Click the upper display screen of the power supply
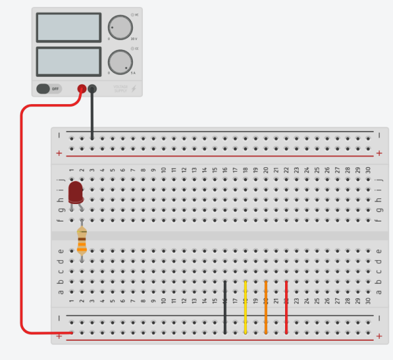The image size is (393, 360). pos(69,27)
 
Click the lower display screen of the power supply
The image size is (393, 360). pos(69,62)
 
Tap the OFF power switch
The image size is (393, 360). pos(49,89)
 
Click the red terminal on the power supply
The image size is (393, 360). pos(82,89)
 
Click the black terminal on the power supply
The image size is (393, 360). pos(92,89)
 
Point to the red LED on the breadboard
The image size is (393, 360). pos(75,192)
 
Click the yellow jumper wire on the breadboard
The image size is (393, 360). pos(245,307)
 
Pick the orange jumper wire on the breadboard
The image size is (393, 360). pos(266,307)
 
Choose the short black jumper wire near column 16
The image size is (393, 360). pos(225,307)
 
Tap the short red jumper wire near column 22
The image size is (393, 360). pos(286,307)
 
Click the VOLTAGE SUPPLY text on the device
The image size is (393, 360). pos(120,89)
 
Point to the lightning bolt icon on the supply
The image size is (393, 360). pos(133,89)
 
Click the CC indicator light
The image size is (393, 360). pos(132,47)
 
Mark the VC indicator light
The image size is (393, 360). pos(132,14)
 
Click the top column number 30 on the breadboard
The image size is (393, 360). pos(367,170)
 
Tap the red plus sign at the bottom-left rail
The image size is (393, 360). pos(59,336)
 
